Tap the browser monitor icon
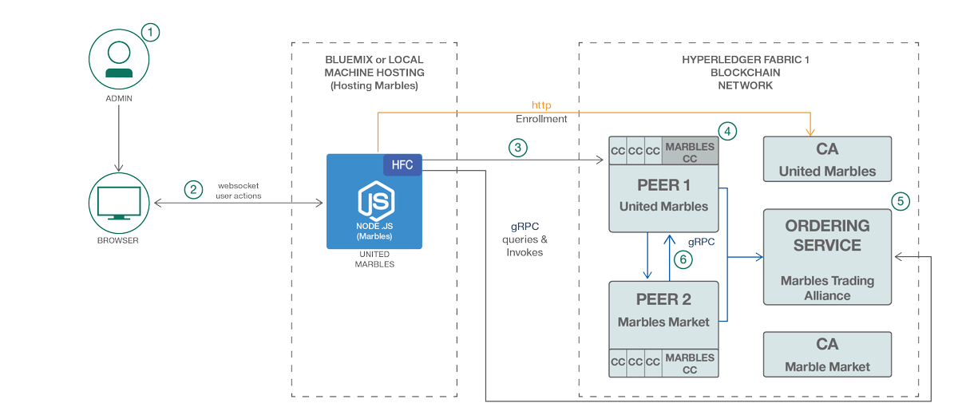pos(118,204)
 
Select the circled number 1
pos(150,32)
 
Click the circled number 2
pos(192,189)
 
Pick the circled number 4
pos(726,129)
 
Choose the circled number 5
pos(900,200)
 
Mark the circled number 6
pos(681,259)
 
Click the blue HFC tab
pos(402,164)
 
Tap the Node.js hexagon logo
pos(374,202)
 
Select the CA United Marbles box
pos(827,159)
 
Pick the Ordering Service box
pos(827,257)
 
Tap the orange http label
pos(541,105)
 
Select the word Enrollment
pos(541,119)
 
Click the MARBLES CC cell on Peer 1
pos(690,152)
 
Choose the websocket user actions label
pos(239,190)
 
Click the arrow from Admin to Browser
pos(118,138)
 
